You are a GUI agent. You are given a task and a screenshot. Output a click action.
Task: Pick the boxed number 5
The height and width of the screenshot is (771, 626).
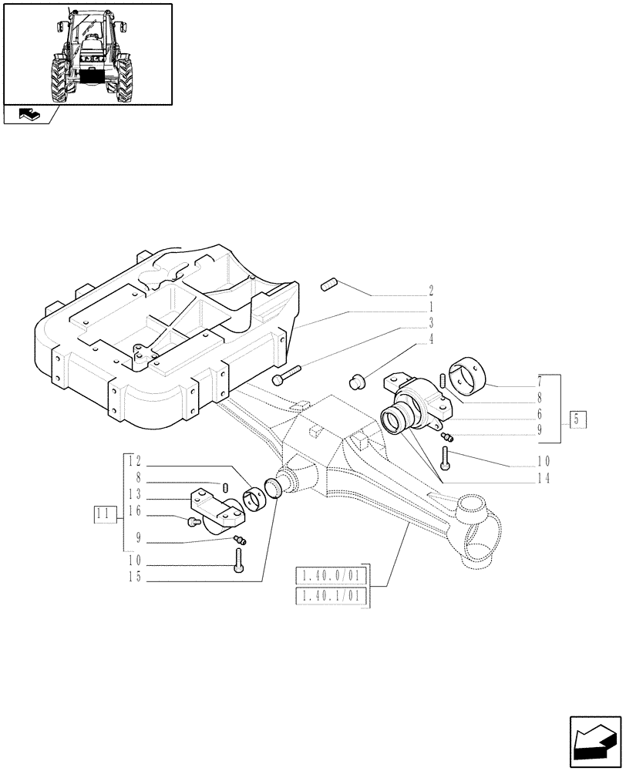(578, 420)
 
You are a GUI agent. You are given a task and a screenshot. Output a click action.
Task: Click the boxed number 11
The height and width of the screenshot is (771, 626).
(104, 513)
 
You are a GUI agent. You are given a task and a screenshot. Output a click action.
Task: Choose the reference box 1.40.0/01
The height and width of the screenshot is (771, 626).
(332, 575)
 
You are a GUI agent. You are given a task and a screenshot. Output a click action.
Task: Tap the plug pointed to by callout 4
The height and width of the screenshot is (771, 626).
(357, 379)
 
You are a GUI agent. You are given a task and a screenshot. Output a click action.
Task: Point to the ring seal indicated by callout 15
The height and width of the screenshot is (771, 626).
(274, 489)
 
